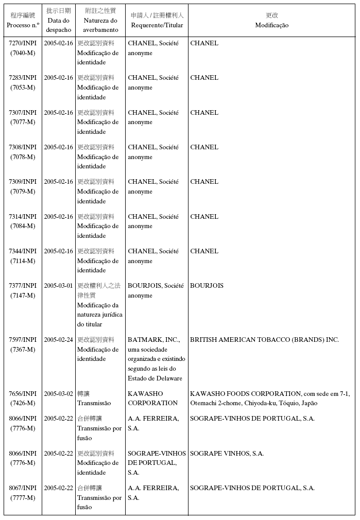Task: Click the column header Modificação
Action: (x=271, y=25)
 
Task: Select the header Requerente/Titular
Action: (x=157, y=25)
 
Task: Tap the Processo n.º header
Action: (x=23, y=25)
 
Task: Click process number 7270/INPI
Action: (x=23, y=43)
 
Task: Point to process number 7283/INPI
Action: (x=23, y=78)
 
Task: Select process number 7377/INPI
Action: (x=23, y=286)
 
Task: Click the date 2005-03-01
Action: (x=58, y=286)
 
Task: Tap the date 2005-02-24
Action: (x=58, y=340)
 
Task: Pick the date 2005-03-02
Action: (x=58, y=394)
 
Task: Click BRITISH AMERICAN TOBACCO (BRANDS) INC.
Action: (x=264, y=340)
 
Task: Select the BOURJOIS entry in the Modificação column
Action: (x=207, y=286)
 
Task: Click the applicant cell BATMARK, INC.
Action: (x=153, y=340)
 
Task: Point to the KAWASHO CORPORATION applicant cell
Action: (x=152, y=398)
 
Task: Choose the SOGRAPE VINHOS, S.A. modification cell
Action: (x=227, y=454)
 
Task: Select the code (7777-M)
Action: (x=23, y=498)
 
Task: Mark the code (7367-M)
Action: (x=23, y=350)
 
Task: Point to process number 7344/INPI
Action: (x=23, y=251)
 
